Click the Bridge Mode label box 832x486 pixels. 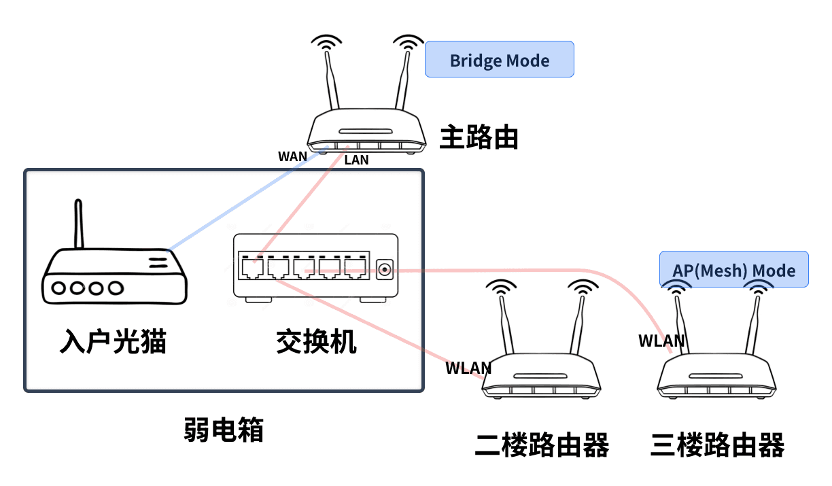[499, 59]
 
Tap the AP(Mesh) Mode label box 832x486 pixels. [733, 270]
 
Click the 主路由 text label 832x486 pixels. [479, 137]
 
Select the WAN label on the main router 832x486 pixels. [292, 156]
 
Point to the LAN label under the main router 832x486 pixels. [356, 160]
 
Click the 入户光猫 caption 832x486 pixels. [113, 342]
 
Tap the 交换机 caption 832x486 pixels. [316, 342]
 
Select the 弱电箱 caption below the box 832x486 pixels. [224, 430]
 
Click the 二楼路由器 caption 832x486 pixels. [542, 446]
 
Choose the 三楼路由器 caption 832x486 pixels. [717, 446]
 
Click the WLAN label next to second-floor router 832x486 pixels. [468, 368]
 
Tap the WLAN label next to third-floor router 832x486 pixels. [661, 341]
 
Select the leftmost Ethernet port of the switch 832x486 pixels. [249, 268]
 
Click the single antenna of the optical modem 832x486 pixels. [79, 224]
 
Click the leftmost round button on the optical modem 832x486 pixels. [60, 288]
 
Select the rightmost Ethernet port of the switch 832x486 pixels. [355, 268]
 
